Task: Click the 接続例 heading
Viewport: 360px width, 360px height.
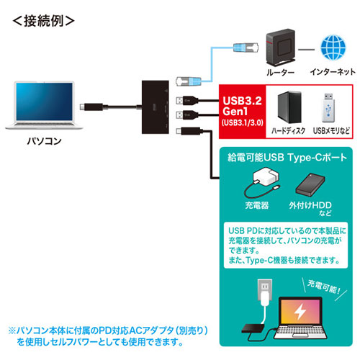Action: click(43, 21)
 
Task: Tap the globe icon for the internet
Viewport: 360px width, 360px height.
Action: click(333, 48)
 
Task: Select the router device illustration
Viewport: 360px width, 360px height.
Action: click(281, 48)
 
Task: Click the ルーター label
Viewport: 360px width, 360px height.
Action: click(280, 72)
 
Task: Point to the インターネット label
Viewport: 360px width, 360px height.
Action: click(333, 72)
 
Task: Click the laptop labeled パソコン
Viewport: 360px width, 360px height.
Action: click(44, 105)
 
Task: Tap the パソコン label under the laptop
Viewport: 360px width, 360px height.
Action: click(45, 141)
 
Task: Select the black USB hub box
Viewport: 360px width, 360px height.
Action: click(156, 107)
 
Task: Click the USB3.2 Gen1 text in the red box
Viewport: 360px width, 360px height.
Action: click(242, 106)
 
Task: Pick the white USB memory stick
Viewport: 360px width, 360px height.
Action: click(328, 107)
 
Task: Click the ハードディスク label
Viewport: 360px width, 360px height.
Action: click(288, 130)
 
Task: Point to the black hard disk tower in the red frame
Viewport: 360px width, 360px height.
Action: click(289, 107)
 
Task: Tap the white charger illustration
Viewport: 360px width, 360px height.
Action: click(262, 181)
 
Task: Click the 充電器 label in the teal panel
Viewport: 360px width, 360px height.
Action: click(257, 205)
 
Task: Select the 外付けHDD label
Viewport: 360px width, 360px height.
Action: click(310, 205)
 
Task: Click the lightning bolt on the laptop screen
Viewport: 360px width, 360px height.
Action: click(300, 311)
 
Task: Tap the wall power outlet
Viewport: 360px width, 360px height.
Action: click(265, 289)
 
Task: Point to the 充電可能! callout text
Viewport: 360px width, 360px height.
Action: click(324, 287)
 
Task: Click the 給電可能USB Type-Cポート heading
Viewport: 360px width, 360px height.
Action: click(287, 158)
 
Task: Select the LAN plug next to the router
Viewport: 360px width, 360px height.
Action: click(246, 48)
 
